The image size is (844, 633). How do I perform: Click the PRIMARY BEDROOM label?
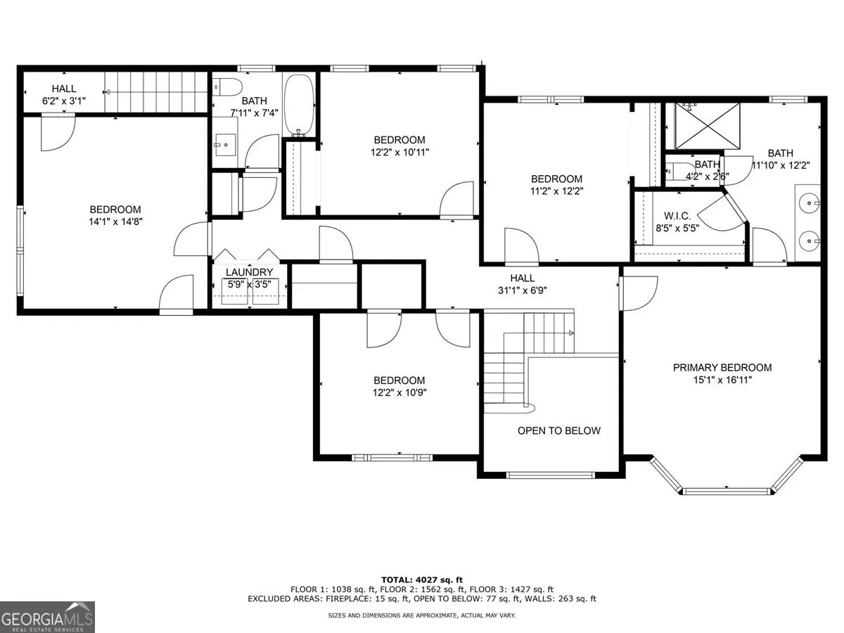point(722,367)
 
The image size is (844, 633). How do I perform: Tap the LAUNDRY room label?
point(249,272)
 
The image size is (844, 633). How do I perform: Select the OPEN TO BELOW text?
point(558,430)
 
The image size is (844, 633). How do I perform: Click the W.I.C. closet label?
point(677,216)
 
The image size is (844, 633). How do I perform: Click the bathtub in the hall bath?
point(299,105)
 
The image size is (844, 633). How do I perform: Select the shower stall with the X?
point(708,126)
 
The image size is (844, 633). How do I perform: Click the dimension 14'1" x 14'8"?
point(115,222)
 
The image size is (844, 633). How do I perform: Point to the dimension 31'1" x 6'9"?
point(522,290)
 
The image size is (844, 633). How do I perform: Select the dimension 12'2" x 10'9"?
point(399,392)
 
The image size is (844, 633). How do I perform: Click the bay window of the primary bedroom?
point(727,491)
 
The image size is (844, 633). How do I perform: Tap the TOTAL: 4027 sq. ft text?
point(422,580)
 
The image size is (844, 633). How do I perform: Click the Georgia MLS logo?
point(47,617)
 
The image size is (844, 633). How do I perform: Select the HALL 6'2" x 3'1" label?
point(64,94)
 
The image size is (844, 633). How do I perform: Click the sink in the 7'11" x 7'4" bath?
point(225,144)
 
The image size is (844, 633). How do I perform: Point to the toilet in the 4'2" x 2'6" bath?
point(676,170)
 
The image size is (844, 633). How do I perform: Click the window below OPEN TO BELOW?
point(551,475)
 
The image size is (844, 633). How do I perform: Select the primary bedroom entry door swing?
point(639,293)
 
